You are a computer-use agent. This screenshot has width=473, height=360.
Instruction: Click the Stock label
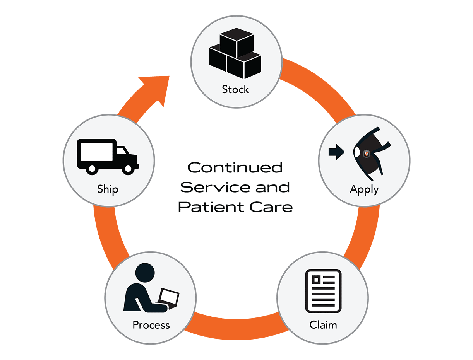pos(235,90)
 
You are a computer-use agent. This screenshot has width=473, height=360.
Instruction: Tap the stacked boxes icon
pos(235,55)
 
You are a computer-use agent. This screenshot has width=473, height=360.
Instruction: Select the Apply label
pos(364,189)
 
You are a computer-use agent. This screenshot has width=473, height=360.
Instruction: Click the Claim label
pos(323,324)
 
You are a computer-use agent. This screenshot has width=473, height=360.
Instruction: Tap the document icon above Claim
pos(323,291)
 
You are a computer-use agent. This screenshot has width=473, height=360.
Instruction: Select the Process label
pos(151,325)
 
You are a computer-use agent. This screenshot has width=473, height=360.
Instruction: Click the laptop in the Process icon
pos(170,297)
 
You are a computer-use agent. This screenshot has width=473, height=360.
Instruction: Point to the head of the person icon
pos(145,273)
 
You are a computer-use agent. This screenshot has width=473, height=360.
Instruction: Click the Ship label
pos(108,189)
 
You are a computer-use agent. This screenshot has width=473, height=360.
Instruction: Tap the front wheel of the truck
pos(128,169)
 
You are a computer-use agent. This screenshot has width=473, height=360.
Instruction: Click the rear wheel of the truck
pos(92,169)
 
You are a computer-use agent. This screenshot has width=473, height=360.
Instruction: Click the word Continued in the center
pos(235,167)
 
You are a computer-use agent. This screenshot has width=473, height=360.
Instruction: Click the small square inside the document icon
pos(316,279)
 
